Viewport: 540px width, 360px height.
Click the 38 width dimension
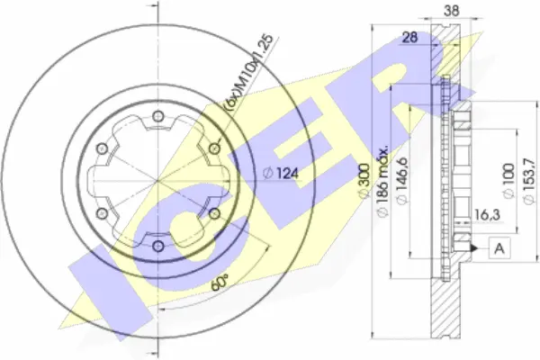451,10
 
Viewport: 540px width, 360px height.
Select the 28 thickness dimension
409,37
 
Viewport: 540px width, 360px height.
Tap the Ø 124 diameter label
281,173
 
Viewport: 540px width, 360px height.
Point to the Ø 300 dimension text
364,180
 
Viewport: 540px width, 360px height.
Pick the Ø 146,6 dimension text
402,181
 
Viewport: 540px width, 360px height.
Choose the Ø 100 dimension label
509,181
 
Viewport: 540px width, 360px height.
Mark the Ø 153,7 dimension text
529,181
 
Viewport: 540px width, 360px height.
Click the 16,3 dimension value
487,214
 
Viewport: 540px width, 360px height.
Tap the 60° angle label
220,283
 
